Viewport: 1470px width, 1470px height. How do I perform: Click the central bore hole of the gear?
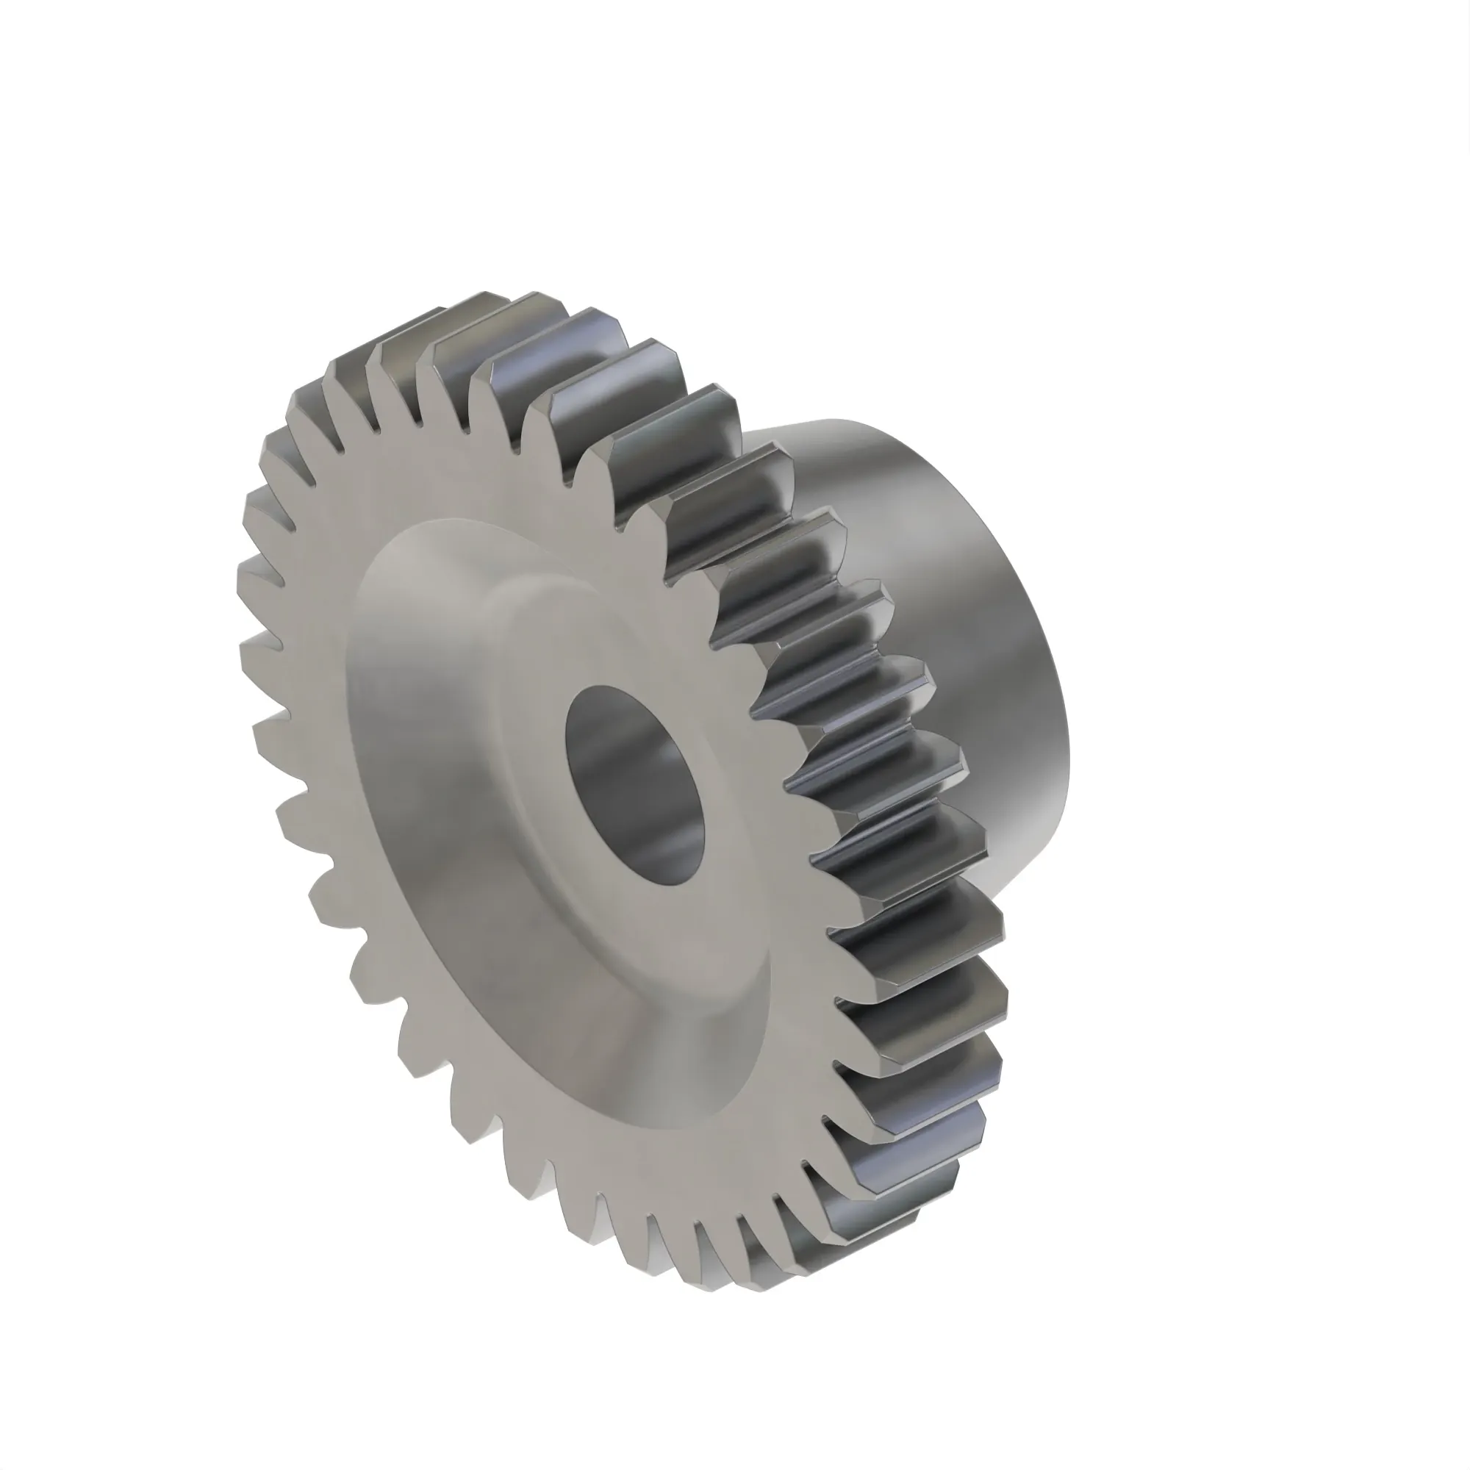pyautogui.click(x=636, y=784)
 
